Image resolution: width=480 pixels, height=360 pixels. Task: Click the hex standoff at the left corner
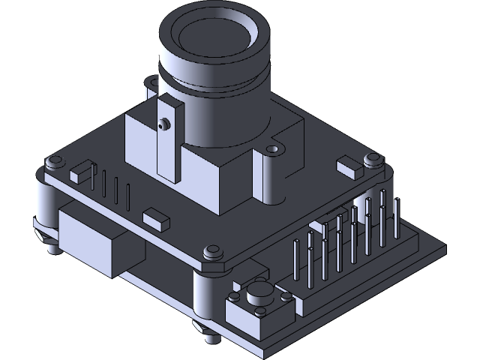[x=55, y=162]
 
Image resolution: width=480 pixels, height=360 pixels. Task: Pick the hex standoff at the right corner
[x=371, y=159]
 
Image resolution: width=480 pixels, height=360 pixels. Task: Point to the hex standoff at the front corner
[x=213, y=252]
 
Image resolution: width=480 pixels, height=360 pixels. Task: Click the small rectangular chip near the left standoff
[x=79, y=174]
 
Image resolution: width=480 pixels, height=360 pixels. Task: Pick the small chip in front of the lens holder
[x=156, y=219]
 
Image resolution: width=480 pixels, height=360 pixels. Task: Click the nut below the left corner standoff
[x=50, y=244]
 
